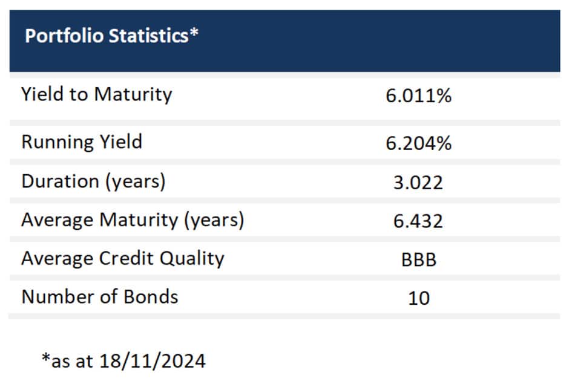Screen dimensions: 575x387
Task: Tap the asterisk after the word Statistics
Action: (x=194, y=33)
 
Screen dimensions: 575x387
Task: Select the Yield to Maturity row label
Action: (x=96, y=94)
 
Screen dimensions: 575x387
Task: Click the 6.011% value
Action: (x=418, y=96)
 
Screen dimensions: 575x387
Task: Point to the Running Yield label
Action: (x=82, y=142)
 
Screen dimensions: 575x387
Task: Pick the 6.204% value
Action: (x=418, y=143)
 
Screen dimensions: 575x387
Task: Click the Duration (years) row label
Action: (x=93, y=181)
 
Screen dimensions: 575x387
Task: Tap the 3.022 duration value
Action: (x=418, y=183)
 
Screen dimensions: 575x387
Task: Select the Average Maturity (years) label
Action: (x=133, y=220)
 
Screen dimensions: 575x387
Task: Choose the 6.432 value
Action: (x=418, y=221)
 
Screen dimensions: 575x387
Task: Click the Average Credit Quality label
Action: (x=123, y=259)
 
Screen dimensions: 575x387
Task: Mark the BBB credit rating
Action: (x=419, y=260)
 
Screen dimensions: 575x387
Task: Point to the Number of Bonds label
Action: (x=100, y=296)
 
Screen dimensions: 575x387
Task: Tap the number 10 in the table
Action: (x=419, y=298)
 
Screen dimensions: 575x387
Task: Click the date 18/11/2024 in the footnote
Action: (x=153, y=362)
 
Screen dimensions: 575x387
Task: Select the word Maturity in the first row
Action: (x=133, y=95)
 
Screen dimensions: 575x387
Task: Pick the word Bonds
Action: (x=151, y=296)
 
